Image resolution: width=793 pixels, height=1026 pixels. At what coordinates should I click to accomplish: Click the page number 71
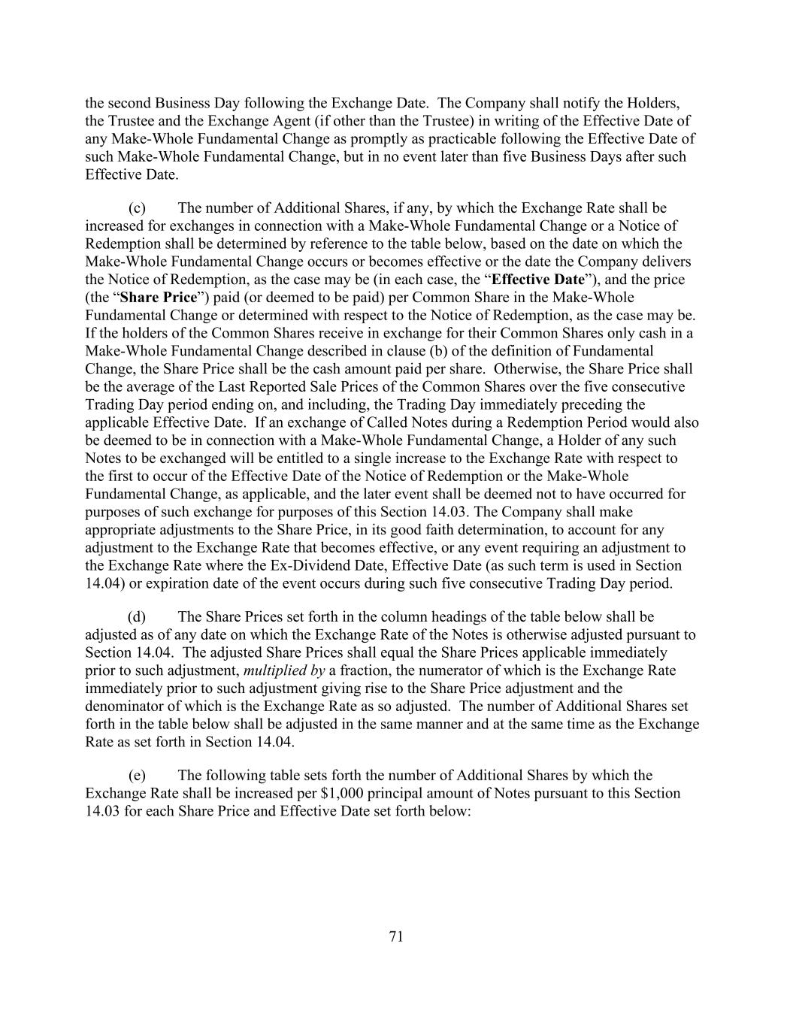[x=396, y=937]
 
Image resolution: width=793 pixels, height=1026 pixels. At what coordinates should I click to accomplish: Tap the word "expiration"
[x=156, y=584]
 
